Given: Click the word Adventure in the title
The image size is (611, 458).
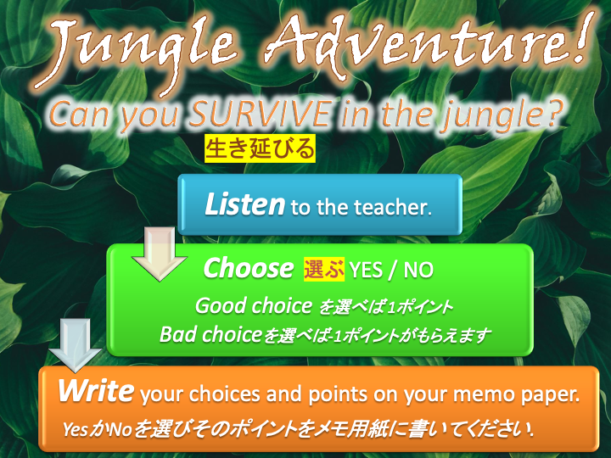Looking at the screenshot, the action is pyautogui.click(x=413, y=43).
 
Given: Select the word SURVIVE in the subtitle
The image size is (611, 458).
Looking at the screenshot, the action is pyautogui.click(x=261, y=114).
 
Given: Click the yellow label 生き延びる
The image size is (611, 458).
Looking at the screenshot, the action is pyautogui.click(x=260, y=148).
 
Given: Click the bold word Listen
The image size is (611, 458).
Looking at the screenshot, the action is pyautogui.click(x=244, y=204).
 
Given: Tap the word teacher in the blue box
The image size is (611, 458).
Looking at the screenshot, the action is pyautogui.click(x=393, y=207).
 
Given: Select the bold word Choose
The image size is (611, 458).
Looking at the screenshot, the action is pyautogui.click(x=248, y=268).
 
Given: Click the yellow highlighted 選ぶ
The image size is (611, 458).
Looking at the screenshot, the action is pyautogui.click(x=324, y=269).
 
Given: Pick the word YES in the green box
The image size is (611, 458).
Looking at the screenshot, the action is pyautogui.click(x=366, y=270).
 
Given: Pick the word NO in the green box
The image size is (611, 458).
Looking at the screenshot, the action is pyautogui.click(x=418, y=270).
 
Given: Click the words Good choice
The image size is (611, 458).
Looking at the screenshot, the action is pyautogui.click(x=253, y=305).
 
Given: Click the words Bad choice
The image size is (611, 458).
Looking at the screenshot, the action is pyautogui.click(x=210, y=334).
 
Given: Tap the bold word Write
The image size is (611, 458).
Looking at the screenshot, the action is pyautogui.click(x=96, y=391).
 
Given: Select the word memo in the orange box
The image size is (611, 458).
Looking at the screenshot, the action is pyautogui.click(x=482, y=394).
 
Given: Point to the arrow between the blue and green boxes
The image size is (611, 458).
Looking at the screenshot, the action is pyautogui.click(x=160, y=254).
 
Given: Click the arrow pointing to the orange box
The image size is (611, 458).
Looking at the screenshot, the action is pyautogui.click(x=75, y=345).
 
